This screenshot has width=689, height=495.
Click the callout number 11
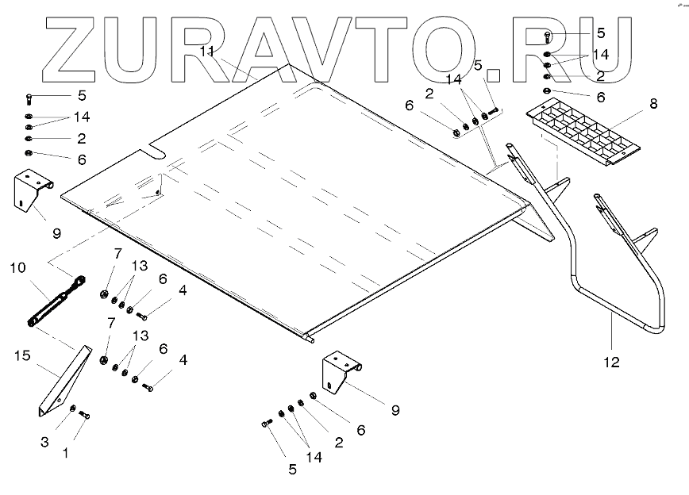[x=207, y=52]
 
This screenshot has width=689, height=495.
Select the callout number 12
[x=611, y=363]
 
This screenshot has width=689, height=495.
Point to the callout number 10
[x=17, y=268]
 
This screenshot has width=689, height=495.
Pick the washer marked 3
[x=73, y=409]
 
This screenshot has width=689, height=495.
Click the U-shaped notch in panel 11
[x=156, y=150]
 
